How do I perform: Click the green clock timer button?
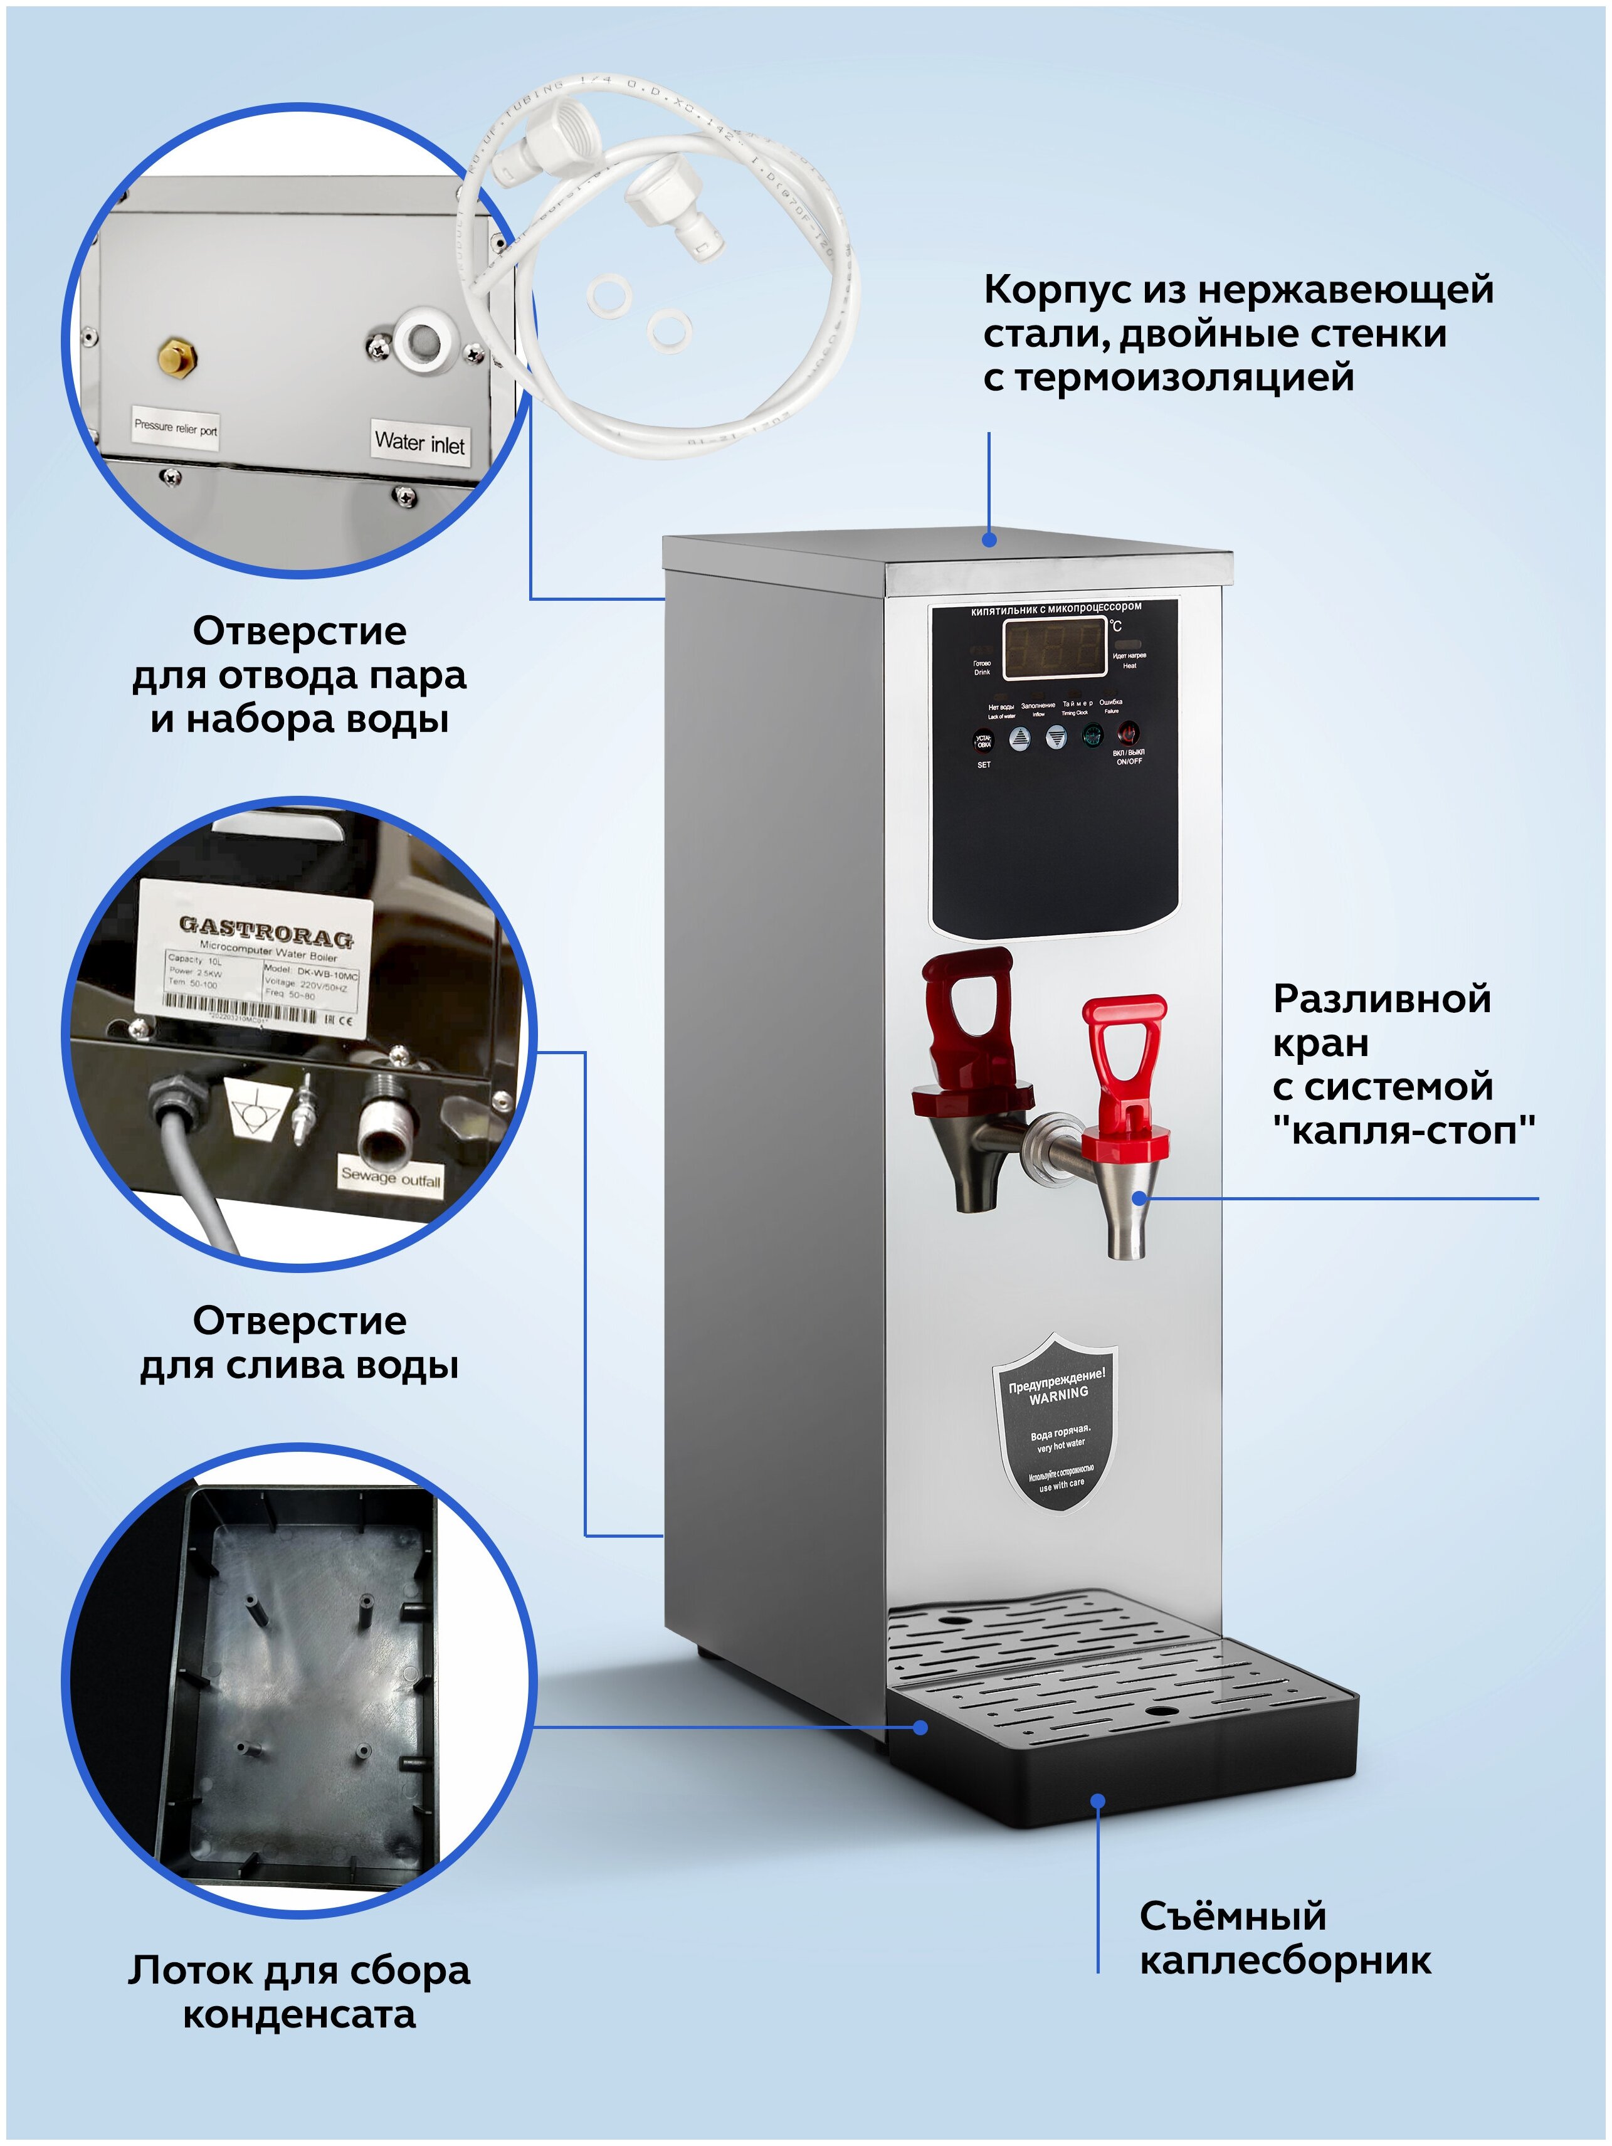[x=1092, y=736]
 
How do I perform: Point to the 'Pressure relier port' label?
[x=176, y=427]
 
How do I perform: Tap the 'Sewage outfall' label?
[x=390, y=1177]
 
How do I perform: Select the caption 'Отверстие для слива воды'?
[x=298, y=1343]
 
